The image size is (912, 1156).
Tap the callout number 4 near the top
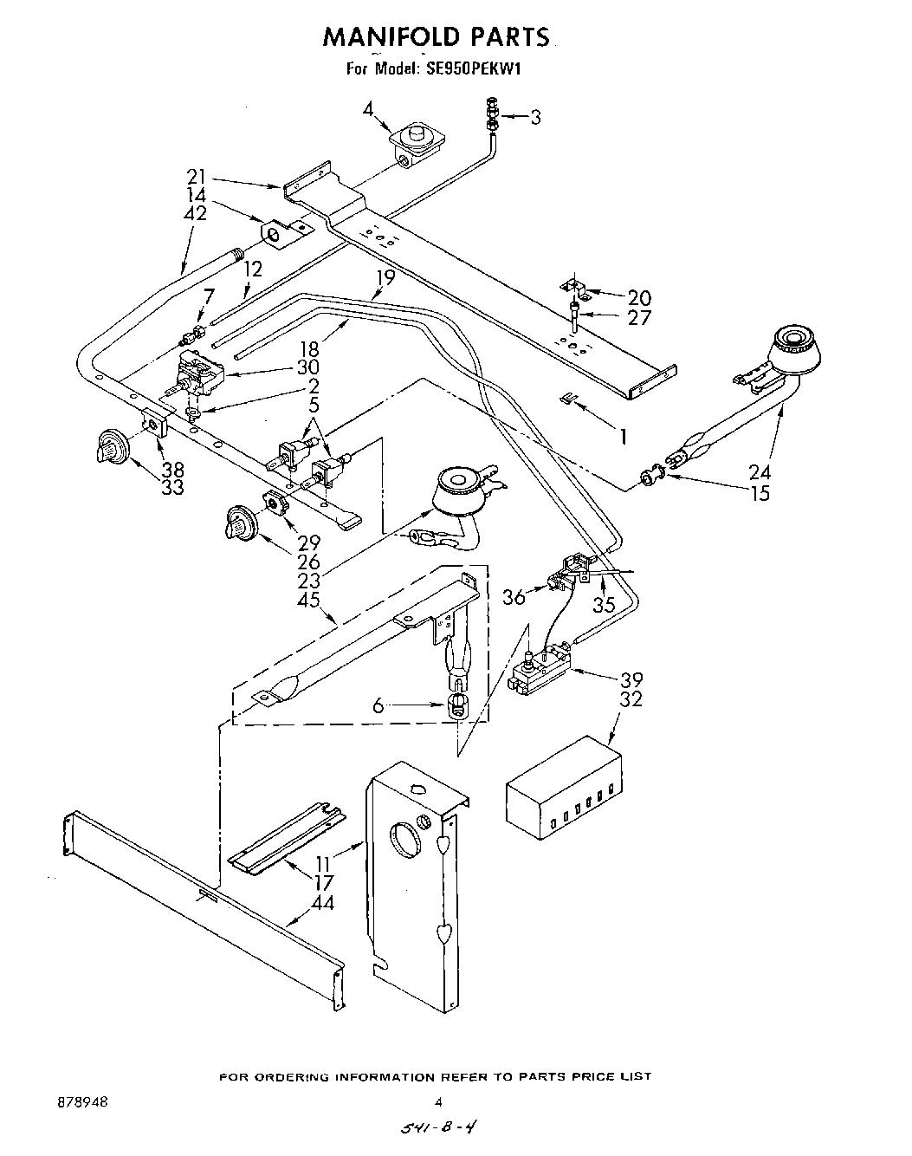click(368, 110)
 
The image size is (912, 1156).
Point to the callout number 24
click(760, 472)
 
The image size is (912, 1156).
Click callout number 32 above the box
click(631, 699)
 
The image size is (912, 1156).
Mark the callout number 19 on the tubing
click(385, 278)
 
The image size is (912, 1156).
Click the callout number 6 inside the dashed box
click(378, 706)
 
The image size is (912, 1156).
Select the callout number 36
click(514, 597)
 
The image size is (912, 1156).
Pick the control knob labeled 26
click(240, 523)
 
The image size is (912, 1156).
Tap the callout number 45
click(308, 600)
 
